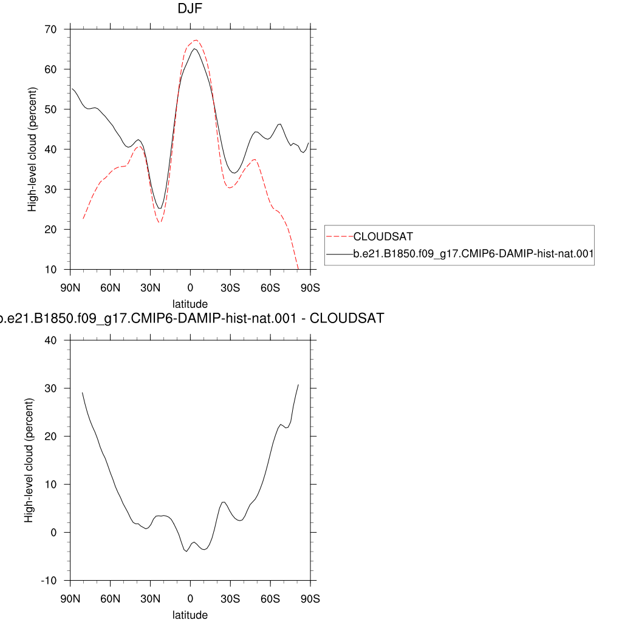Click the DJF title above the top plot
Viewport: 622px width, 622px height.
pos(190,9)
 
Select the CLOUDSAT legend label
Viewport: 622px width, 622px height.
pos(383,236)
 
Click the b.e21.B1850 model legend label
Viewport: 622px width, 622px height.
pos(473,253)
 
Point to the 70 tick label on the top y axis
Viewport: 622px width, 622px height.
pos(51,29)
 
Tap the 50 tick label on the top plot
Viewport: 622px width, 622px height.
pos(51,109)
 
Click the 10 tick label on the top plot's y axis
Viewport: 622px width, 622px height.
pos(51,270)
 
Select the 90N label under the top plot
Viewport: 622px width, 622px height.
pos(70,287)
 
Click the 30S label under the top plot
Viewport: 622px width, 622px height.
pos(230,287)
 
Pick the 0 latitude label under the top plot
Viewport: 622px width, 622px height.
pos(190,287)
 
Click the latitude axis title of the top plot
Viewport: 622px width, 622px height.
pos(190,304)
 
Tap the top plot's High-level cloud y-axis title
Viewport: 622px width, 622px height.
pos(32,149)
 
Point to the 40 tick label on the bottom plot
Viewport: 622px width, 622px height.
pos(51,340)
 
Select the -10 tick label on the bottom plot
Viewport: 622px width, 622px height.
pos(49,581)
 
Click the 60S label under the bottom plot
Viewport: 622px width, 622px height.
pos(270,598)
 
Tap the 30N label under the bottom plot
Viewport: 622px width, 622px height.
pos(151,598)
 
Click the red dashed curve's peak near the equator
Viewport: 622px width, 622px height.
pos(196,40)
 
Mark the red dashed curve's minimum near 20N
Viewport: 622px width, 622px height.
pos(160,222)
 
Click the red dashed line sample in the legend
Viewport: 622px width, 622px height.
pos(340,236)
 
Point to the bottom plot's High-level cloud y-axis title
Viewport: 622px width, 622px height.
pos(29,460)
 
